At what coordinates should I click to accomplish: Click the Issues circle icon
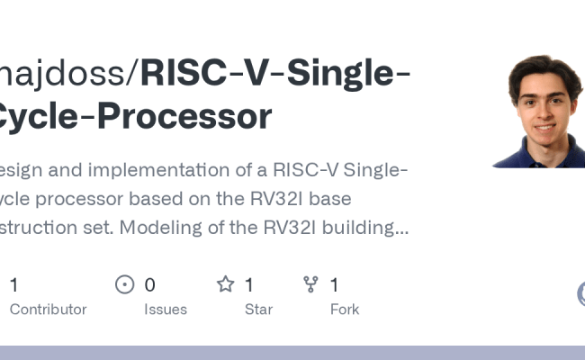coord(125,285)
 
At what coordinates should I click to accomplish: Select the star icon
coord(225,285)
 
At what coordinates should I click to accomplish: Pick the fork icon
coord(311,285)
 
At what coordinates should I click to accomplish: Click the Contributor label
coord(48,310)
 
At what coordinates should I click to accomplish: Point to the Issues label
coord(166,310)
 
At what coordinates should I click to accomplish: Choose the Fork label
coord(344,310)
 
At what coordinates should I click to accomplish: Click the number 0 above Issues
coord(149,285)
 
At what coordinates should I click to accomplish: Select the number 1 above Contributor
coord(13,285)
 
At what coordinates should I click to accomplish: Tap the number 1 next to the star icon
coord(248,285)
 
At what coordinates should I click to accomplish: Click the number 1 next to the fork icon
coord(334,285)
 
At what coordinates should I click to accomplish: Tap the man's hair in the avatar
coord(543,67)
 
